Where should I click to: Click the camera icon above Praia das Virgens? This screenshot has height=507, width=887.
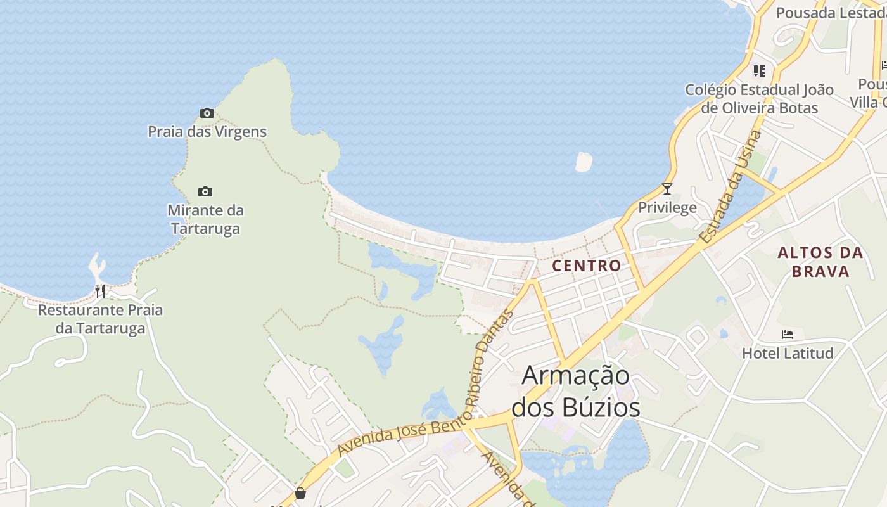tap(207, 113)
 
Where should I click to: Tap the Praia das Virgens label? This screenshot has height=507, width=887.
tap(207, 132)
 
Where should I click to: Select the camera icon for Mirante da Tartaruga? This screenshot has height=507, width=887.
tap(205, 191)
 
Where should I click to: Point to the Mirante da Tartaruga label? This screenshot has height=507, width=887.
tap(205, 219)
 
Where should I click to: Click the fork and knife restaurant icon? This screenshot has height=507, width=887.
tap(100, 291)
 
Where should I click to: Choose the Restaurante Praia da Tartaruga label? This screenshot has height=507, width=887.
tap(100, 319)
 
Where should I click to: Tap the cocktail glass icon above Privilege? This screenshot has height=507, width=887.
tap(667, 188)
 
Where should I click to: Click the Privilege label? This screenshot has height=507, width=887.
tap(667, 207)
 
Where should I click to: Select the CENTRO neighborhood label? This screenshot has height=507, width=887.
tap(586, 266)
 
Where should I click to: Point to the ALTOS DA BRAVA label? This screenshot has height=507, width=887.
tap(820, 262)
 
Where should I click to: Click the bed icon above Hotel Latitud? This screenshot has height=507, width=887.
tap(788, 334)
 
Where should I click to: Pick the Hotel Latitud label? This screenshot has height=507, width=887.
tap(788, 353)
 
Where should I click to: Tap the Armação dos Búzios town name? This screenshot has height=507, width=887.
tap(576, 391)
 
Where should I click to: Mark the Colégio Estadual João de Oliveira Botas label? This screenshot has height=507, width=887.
tap(759, 98)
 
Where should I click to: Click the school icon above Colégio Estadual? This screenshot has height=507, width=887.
tap(759, 70)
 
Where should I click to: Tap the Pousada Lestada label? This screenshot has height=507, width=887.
tap(831, 13)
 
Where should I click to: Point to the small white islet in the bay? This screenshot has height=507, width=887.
tap(584, 162)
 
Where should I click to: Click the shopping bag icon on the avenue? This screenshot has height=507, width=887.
tap(300, 492)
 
